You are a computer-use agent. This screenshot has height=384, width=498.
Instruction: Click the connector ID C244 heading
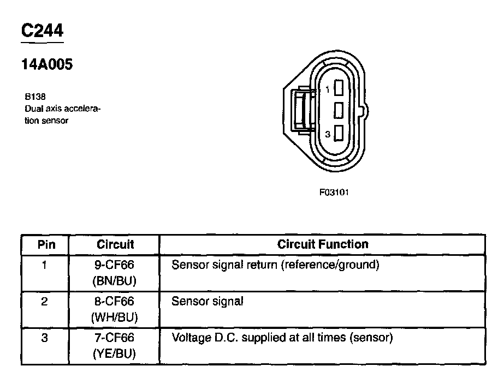41,31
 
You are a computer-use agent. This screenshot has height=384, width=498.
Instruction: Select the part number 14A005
47,64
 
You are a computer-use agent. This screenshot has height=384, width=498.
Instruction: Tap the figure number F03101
334,192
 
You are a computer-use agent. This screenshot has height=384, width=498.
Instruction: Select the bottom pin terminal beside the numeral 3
339,133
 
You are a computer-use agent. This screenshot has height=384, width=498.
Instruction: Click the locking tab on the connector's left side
300,109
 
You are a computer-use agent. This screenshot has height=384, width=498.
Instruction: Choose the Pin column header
46,244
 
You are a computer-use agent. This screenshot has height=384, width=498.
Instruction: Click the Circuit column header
115,244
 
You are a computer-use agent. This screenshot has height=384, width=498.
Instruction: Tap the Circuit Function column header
323,244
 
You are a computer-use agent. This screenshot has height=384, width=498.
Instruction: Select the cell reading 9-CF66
115,266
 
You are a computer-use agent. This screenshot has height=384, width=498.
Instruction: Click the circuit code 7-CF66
115,338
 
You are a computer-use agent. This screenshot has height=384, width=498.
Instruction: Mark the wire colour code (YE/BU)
115,353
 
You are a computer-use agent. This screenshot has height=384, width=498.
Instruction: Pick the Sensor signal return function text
275,266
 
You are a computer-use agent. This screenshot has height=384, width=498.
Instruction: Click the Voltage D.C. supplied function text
282,338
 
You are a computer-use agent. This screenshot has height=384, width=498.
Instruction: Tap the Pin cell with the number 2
45,302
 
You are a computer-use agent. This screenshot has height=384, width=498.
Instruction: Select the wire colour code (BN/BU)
115,281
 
